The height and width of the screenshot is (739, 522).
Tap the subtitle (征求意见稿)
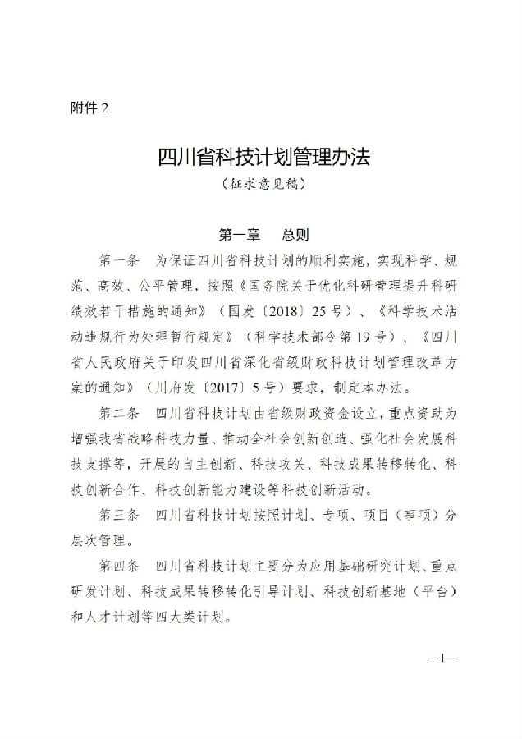(x=261, y=186)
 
